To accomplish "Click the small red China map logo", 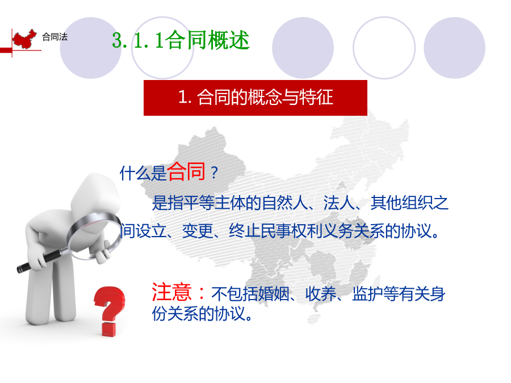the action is (x=24, y=39).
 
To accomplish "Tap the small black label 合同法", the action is (x=55, y=37).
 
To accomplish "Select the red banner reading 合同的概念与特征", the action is (x=256, y=98).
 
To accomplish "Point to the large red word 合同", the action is (x=186, y=171).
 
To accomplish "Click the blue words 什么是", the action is (x=143, y=173).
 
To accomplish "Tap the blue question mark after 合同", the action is (x=214, y=173).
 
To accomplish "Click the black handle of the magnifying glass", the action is (x=40, y=261).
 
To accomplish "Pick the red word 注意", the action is (x=171, y=292).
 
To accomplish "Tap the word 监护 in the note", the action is (x=367, y=294).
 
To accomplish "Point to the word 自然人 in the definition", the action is (x=285, y=203).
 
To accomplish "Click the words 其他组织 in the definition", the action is (x=402, y=203).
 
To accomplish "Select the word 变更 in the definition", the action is (x=198, y=231).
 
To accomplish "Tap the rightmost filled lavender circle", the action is (x=454, y=48).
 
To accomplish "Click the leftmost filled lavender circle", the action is (x=91, y=48).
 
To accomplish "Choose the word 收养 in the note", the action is (x=321, y=294).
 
